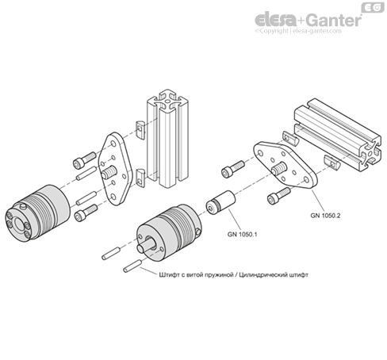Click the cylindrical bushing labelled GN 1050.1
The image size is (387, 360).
[x=219, y=203]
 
